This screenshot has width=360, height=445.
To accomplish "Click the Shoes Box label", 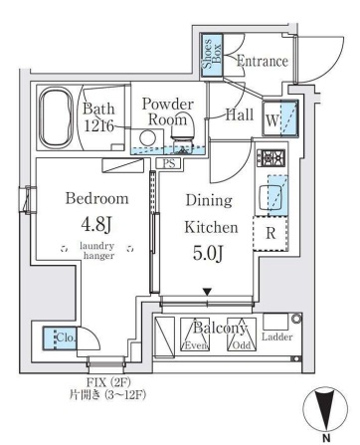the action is click(212, 54).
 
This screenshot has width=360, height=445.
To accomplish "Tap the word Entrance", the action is click(262, 62).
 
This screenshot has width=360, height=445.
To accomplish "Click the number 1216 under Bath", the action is click(98, 125).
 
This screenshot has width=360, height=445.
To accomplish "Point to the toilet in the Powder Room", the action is click(182, 136).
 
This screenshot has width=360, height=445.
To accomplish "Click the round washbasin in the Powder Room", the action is click(147, 137).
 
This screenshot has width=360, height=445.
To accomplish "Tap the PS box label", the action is click(169, 163).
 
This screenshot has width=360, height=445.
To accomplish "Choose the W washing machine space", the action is click(280, 119).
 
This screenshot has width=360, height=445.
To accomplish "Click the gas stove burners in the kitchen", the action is click(271, 158).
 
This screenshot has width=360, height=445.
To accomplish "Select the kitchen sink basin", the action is click(270, 196).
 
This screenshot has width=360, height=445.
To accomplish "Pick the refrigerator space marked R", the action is click(270, 233).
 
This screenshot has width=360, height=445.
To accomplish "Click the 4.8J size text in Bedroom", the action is click(95, 224).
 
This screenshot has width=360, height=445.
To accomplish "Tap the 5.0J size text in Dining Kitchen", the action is click(209, 253).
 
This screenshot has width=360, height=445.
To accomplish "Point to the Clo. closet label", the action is click(66, 337).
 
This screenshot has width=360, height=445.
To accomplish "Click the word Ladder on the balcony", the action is click(276, 336).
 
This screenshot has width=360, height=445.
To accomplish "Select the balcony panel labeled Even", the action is click(195, 334).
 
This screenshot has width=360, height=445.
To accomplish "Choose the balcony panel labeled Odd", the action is click(242, 334).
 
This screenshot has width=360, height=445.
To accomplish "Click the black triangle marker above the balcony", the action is click(208, 292).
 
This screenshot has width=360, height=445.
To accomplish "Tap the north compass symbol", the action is click(325, 409).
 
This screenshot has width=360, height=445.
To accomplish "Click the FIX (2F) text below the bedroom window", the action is click(107, 382).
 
